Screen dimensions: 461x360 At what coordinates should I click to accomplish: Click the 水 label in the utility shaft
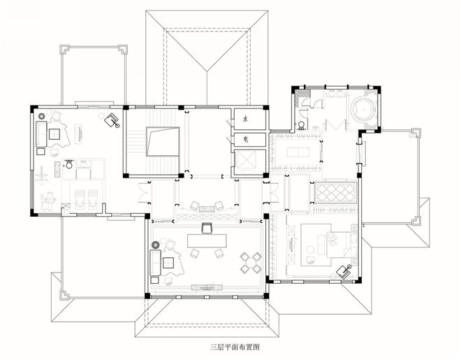coord(245,119)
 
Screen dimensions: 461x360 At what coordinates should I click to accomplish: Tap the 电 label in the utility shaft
coord(245,139)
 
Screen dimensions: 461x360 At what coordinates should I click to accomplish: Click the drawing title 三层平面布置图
coord(235,347)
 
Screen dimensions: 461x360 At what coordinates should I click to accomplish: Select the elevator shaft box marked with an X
coord(247,159)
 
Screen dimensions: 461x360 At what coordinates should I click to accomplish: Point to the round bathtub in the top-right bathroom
coord(365,109)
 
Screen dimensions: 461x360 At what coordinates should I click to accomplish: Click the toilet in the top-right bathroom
coord(301,126)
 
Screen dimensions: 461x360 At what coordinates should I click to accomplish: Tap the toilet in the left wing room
coord(68,164)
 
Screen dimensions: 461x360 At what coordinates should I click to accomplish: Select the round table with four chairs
coord(251,262)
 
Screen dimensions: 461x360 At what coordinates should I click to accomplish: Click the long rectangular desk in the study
coord(207,240)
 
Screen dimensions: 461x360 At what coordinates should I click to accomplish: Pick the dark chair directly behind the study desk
coord(207,228)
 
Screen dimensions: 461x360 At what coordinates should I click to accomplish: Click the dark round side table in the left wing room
coord(41,117)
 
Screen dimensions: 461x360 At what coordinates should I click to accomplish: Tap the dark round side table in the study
coord(155,245)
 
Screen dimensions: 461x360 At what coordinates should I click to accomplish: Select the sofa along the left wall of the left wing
coord(41,134)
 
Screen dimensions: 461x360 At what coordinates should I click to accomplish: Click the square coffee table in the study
coord(168,263)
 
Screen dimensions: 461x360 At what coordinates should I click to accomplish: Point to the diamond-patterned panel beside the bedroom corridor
coord(336,193)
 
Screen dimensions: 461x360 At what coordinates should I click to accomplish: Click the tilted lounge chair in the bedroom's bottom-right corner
coord(344,271)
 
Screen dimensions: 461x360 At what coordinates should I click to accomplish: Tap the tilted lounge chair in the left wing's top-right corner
coord(112,120)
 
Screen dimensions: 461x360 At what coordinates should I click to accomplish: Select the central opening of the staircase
coord(163,141)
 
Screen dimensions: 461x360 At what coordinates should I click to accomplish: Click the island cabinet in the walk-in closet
coord(298,152)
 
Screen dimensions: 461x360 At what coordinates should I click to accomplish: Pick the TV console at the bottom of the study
coord(207,287)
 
